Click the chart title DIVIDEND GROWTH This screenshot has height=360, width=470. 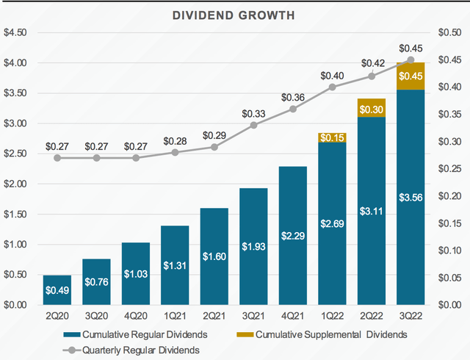point(234,15)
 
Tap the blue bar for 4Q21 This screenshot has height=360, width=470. point(292,235)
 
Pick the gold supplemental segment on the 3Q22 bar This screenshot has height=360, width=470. point(411,76)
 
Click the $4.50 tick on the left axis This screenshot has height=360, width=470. point(16,33)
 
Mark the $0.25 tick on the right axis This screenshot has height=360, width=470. point(451,169)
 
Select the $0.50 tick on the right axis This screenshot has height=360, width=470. point(451,33)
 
